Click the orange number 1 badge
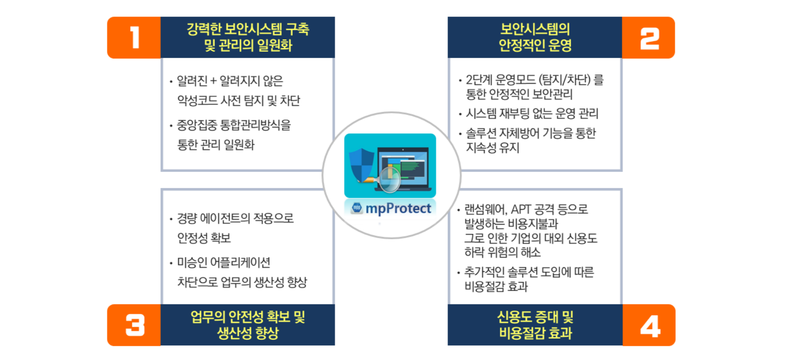point(134,38)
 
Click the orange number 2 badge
point(649,38)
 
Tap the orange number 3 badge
point(134,325)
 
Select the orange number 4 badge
point(649,325)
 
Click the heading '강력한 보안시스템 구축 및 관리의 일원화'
point(248,37)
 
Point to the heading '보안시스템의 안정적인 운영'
point(535,37)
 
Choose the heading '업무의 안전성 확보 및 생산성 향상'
point(248,325)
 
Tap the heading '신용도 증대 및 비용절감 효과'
point(535,325)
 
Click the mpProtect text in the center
point(398,209)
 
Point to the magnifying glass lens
point(390,180)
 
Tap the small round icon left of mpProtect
point(357,208)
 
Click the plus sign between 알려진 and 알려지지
point(213,81)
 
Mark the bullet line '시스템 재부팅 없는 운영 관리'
point(532,113)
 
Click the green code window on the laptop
point(412,168)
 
